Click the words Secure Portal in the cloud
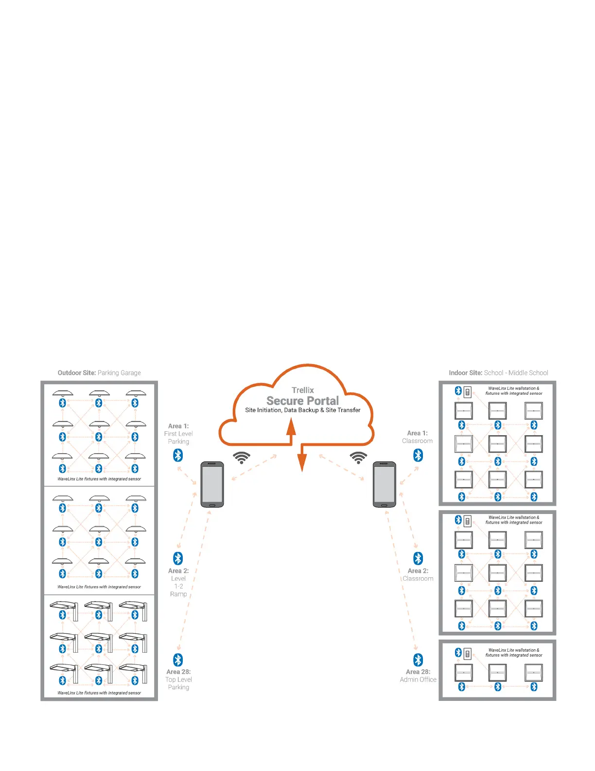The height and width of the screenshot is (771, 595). (x=302, y=401)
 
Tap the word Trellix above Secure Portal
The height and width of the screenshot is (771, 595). (x=303, y=390)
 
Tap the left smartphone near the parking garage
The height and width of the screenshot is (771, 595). (x=212, y=484)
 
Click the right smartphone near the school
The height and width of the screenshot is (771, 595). (x=385, y=484)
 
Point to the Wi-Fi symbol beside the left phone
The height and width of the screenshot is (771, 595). (x=242, y=458)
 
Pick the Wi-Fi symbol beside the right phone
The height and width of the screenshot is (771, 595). (x=359, y=458)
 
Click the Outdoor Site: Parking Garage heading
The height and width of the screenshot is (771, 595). (x=99, y=373)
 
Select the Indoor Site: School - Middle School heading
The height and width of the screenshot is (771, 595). (x=498, y=373)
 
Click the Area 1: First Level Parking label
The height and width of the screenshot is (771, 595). (x=178, y=434)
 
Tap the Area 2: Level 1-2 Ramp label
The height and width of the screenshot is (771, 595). (x=178, y=582)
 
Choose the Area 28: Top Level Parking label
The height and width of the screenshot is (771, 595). (x=178, y=679)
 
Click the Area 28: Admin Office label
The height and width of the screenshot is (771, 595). (x=418, y=676)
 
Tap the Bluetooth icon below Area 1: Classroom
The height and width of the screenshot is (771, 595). (x=418, y=455)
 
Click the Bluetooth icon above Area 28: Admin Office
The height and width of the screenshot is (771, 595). (x=418, y=660)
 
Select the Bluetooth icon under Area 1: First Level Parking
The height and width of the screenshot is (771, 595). (x=178, y=455)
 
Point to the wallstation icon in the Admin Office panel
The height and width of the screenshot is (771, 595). (x=468, y=653)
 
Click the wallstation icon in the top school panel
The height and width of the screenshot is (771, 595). (x=468, y=391)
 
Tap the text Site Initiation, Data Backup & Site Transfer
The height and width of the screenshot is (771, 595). (x=303, y=410)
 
